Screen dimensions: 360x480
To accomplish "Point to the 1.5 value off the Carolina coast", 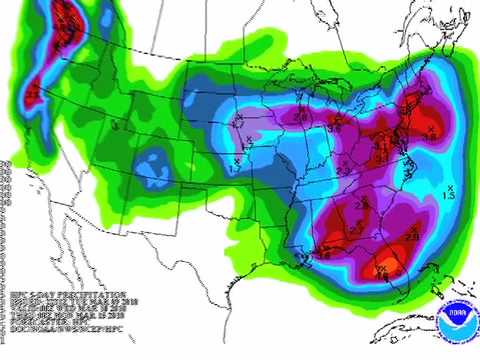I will pos(449,195).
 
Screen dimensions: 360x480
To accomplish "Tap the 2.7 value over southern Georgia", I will pos(356,231).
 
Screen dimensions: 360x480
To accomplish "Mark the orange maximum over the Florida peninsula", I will pos(383,269).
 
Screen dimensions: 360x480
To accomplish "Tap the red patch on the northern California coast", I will pos(35,93).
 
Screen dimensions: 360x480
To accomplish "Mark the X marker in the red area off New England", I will pos(431,129).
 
